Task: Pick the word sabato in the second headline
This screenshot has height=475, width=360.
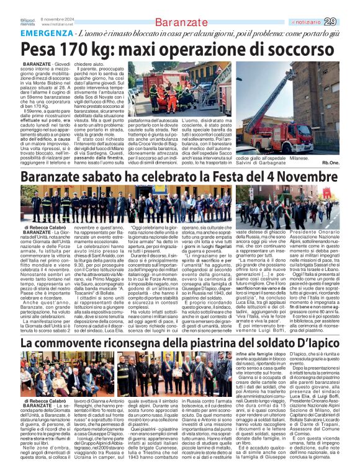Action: pos(107,177)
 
